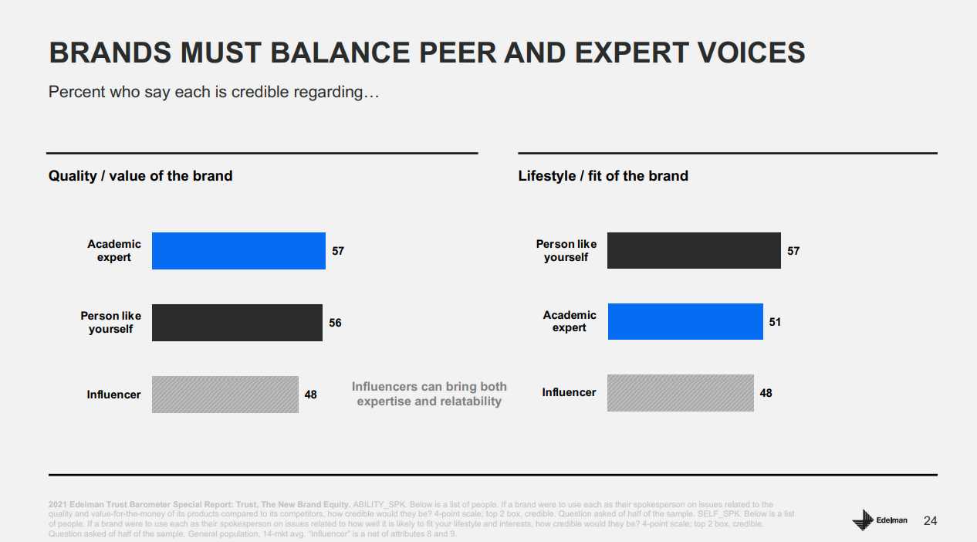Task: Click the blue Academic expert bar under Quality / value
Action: click(x=238, y=251)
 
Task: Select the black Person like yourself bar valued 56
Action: click(x=237, y=323)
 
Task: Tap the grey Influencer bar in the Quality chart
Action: click(x=225, y=395)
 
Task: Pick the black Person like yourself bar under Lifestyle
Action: click(x=694, y=250)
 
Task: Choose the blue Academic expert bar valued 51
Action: click(x=685, y=321)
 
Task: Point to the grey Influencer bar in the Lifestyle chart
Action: click(x=680, y=393)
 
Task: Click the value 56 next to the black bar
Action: click(x=335, y=323)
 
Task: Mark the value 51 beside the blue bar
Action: click(x=775, y=322)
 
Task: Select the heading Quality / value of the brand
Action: click(x=140, y=176)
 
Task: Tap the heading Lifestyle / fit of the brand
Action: click(x=603, y=176)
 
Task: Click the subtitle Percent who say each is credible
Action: click(x=214, y=92)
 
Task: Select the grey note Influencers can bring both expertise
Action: click(x=429, y=394)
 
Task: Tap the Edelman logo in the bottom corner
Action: click(x=880, y=520)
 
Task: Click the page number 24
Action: click(x=930, y=521)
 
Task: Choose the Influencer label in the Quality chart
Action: click(x=113, y=395)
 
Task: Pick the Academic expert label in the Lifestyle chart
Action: click(x=570, y=321)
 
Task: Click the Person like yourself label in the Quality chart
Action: click(x=110, y=323)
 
